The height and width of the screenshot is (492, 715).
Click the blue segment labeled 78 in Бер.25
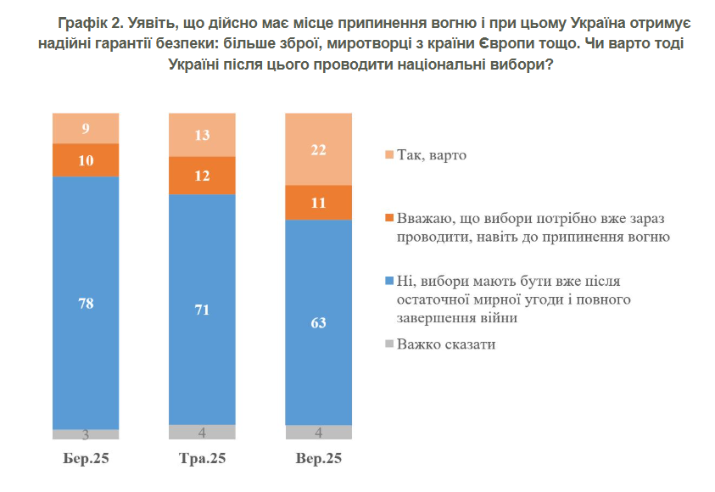(x=86, y=303)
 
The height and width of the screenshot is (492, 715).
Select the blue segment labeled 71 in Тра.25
(x=202, y=310)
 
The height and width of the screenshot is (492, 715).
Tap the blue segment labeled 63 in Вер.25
(x=318, y=322)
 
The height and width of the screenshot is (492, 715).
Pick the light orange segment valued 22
(x=318, y=149)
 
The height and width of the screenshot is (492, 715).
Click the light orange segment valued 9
(x=86, y=129)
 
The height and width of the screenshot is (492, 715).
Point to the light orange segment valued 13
(x=202, y=135)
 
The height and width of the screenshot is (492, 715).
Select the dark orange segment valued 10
(x=86, y=159)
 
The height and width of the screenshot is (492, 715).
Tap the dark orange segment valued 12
(x=202, y=176)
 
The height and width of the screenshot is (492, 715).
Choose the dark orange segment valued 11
(x=318, y=203)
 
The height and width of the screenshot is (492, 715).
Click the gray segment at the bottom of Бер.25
(x=86, y=434)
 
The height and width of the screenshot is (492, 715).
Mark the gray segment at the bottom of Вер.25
(x=318, y=432)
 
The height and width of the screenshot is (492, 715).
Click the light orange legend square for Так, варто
(x=388, y=155)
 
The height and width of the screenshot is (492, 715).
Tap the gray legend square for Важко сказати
(x=388, y=344)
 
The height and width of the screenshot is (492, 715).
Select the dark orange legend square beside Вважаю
(x=388, y=218)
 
